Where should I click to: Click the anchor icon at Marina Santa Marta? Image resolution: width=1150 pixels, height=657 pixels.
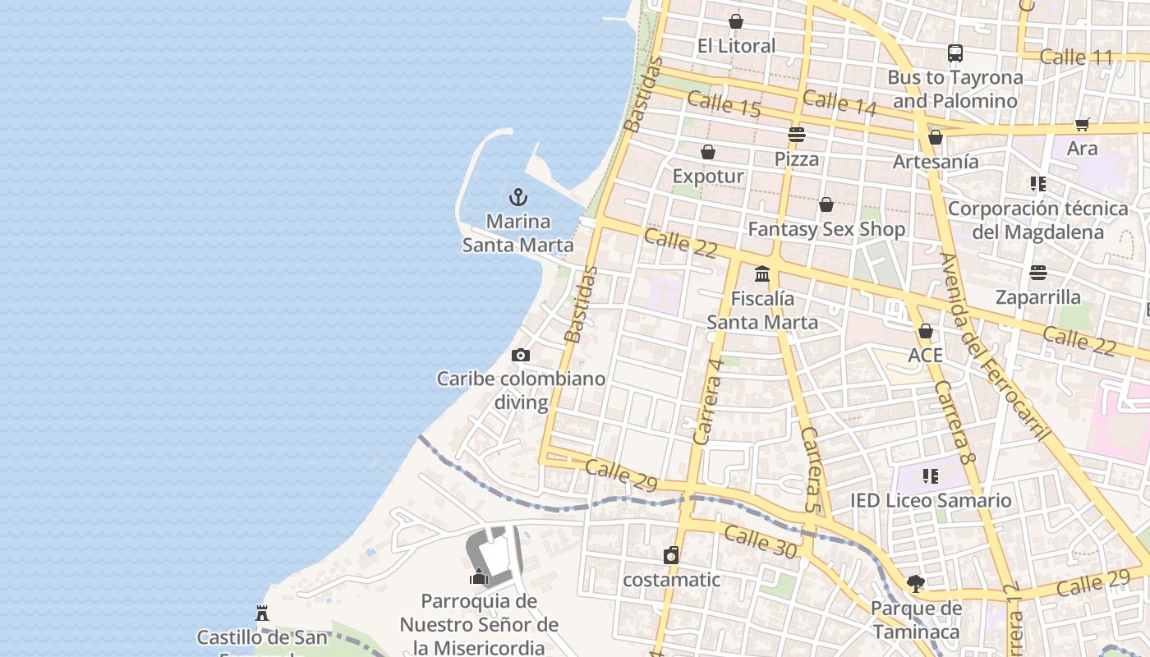[517, 197]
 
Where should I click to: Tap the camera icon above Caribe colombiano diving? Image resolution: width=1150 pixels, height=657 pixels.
[520, 356]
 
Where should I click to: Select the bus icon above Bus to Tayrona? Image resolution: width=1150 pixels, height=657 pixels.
[954, 53]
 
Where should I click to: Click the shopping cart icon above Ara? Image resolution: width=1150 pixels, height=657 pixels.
[1082, 125]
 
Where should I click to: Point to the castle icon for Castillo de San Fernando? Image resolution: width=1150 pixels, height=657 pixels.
[262, 613]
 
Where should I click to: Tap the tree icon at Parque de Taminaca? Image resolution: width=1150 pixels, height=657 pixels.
[915, 584]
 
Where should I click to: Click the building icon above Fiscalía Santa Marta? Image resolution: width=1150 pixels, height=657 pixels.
[762, 274]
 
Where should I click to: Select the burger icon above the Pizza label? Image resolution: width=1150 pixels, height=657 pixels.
[796, 135]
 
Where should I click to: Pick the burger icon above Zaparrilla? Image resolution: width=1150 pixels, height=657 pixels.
[1038, 273]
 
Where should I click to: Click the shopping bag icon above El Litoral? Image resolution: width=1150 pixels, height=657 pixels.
[735, 21]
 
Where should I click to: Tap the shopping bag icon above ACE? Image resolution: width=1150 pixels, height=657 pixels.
[925, 332]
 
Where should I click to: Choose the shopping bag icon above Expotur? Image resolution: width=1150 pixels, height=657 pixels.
[707, 152]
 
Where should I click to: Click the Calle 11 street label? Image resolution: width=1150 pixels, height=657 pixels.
[1075, 57]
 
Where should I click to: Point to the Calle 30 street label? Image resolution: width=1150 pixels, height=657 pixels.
[761, 543]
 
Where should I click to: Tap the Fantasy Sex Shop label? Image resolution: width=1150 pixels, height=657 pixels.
[826, 229]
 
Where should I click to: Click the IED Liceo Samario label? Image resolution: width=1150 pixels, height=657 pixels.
[931, 500]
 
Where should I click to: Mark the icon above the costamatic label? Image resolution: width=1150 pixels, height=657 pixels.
[671, 556]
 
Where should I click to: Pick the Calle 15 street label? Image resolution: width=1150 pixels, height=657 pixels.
[724, 105]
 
